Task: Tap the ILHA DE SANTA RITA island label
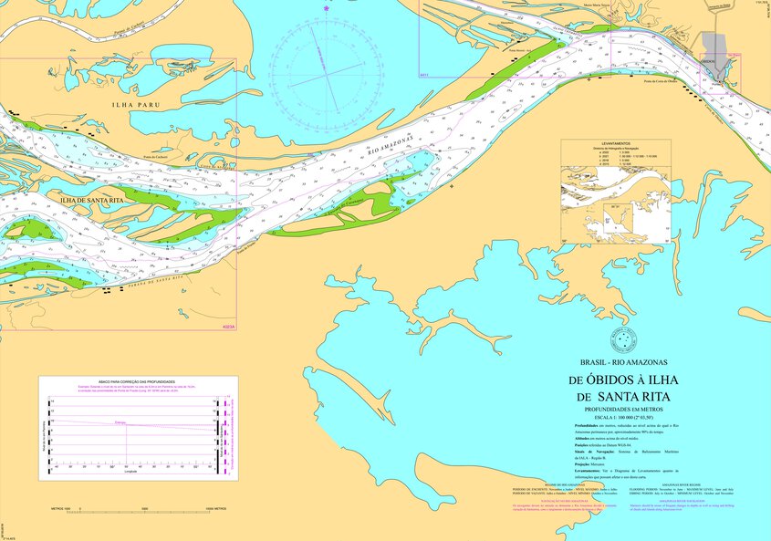[91, 199]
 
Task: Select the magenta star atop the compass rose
[327, 9]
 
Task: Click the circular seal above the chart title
[622, 339]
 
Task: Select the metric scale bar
[145, 507]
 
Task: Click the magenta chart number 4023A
[227, 327]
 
